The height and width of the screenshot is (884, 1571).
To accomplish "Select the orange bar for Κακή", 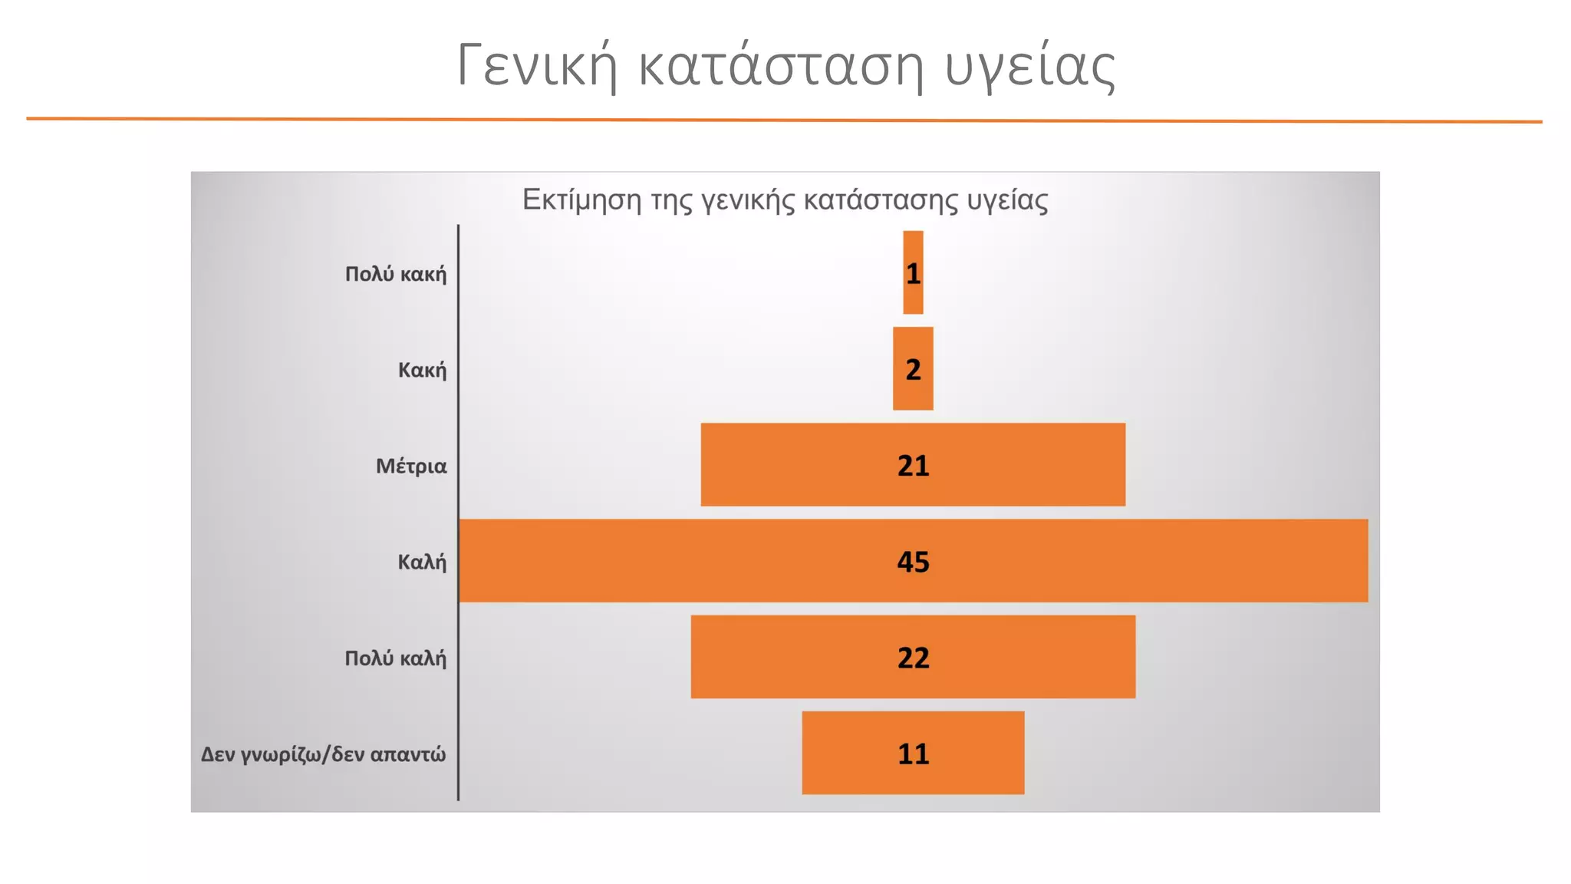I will pos(913,391).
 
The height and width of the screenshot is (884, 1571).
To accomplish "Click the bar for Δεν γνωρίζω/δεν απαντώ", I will pos(844,753).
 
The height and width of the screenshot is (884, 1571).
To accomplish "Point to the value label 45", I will pos(913,562).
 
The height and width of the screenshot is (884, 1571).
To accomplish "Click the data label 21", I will pos(913,466).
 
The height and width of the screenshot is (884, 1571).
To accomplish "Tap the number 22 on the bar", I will pos(913,658).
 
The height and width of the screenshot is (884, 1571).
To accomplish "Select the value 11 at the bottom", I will pos(913,754).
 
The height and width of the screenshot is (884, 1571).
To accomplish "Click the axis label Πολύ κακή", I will pos(395,274).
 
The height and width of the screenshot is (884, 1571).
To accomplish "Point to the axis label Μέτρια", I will pos(411,466).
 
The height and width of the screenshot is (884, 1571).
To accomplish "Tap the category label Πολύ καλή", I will pos(395,658).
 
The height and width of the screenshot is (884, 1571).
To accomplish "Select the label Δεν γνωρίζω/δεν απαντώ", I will pos(323,754).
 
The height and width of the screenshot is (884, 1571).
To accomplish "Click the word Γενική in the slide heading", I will pos(537,66).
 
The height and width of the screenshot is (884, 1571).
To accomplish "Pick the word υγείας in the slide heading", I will pos(1029,66).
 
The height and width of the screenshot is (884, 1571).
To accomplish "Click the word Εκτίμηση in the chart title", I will pos(581,200).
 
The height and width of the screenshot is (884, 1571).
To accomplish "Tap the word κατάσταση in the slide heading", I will pos(780,66).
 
